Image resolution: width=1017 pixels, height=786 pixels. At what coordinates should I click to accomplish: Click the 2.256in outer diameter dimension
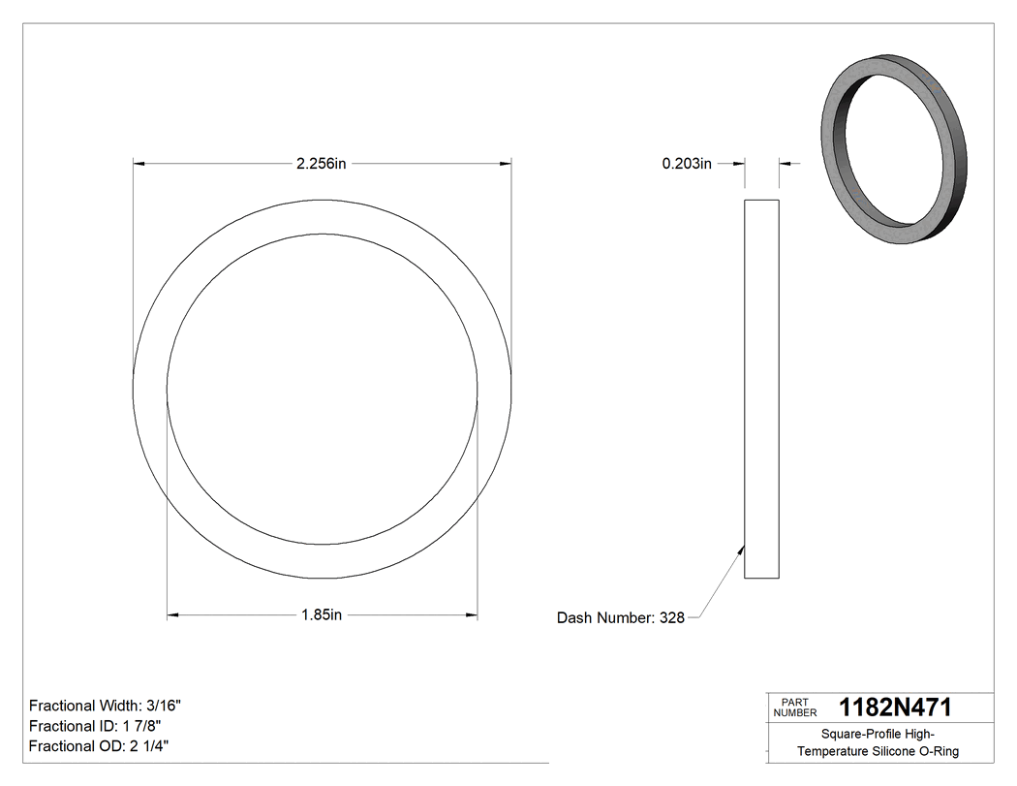(322, 164)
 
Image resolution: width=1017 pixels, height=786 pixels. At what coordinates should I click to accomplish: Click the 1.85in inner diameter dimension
(322, 614)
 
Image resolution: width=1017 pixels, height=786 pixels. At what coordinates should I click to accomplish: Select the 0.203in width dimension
(687, 164)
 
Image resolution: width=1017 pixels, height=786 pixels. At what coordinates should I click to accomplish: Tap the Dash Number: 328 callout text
(621, 618)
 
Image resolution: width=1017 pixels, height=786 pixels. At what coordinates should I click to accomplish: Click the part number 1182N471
(895, 707)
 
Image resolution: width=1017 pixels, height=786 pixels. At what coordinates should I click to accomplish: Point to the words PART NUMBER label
(794, 707)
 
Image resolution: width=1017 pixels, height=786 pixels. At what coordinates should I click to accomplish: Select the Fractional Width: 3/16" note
(105, 706)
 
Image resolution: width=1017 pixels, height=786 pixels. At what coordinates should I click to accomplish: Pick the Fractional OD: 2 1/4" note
(101, 745)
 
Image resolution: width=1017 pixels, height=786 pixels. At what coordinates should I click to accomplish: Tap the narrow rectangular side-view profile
(761, 389)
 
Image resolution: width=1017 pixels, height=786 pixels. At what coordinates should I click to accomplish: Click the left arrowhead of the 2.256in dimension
(139, 164)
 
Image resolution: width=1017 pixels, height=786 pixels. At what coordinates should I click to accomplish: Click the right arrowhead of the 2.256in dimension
(506, 164)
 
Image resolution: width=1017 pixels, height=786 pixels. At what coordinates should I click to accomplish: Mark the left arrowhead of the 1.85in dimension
(173, 614)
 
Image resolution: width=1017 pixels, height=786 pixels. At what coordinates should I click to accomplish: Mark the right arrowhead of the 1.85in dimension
(472, 614)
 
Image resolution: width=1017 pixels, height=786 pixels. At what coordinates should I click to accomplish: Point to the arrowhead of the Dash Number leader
(742, 550)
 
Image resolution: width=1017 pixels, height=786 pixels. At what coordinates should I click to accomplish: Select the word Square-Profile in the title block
(854, 735)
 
